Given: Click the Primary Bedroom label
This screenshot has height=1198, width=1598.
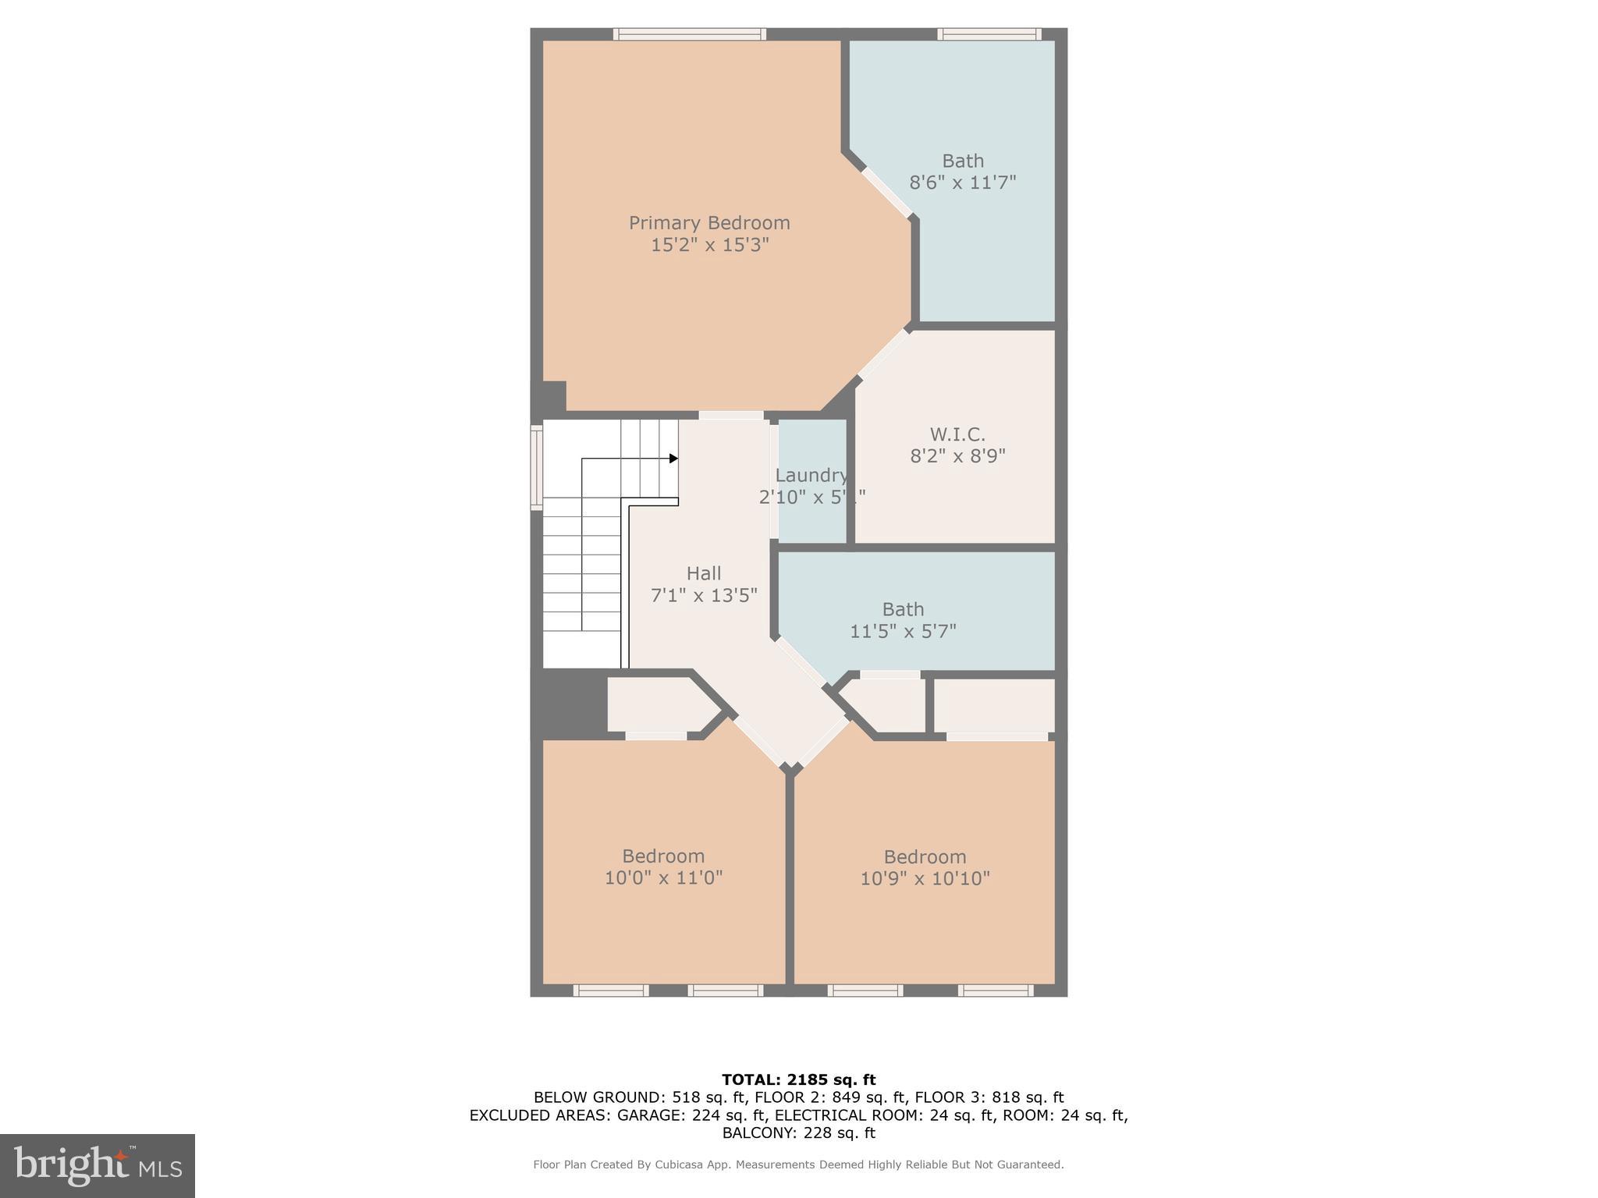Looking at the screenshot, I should click(709, 223).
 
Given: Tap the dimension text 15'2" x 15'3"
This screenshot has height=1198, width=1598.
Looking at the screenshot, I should click(709, 245).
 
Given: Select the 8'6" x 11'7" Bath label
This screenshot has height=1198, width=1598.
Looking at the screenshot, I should click(962, 172).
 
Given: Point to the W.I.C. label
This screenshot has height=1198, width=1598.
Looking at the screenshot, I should click(957, 434).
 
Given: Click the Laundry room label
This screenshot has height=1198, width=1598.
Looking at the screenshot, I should click(811, 475).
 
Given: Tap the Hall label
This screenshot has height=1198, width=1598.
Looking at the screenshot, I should click(703, 573).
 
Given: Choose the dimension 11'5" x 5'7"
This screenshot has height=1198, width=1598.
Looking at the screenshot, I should click(903, 631).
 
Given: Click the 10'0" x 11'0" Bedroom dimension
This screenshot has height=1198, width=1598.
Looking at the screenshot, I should click(663, 877).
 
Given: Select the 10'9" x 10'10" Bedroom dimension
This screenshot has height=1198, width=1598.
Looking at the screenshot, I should click(925, 878).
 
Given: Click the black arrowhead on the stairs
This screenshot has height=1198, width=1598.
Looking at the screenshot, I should click(673, 459).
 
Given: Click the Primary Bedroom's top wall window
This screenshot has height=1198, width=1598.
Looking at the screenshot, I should click(689, 34).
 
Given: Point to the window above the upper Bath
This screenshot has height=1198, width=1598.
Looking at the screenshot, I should click(989, 34).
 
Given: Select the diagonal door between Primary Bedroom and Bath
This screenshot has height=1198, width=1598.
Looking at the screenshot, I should click(887, 193).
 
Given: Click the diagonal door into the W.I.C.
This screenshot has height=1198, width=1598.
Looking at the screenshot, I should click(883, 354).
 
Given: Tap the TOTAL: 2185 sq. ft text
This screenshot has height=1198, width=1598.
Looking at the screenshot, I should click(798, 1080).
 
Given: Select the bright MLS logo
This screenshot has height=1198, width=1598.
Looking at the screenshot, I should click(98, 1165).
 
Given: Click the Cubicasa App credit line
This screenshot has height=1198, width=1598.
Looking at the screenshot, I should click(798, 1164).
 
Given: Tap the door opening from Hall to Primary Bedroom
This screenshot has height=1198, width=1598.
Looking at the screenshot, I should click(731, 415).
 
